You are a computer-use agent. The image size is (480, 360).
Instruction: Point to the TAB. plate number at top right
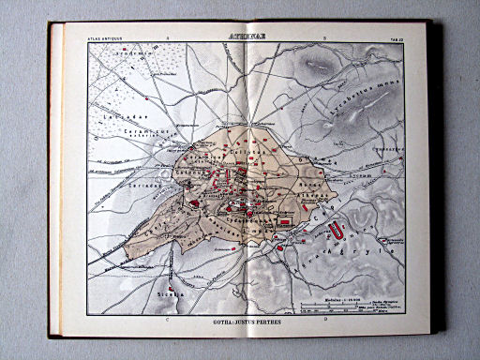(395, 38)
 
